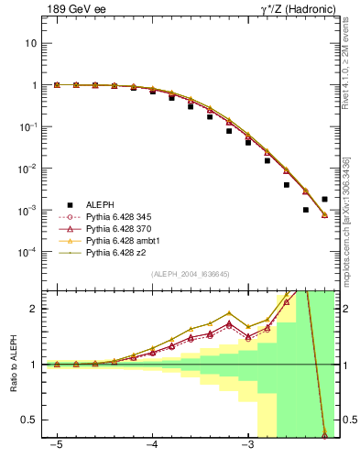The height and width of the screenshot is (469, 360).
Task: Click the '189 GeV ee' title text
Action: coord(76,10)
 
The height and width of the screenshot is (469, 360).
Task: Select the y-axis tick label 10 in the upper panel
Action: coord(32,43)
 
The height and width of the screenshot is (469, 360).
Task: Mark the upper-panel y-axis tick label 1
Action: coord(35,85)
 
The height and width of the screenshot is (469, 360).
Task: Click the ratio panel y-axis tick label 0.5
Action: coord(30,420)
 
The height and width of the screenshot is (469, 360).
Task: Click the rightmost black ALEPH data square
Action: coord(325,199)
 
